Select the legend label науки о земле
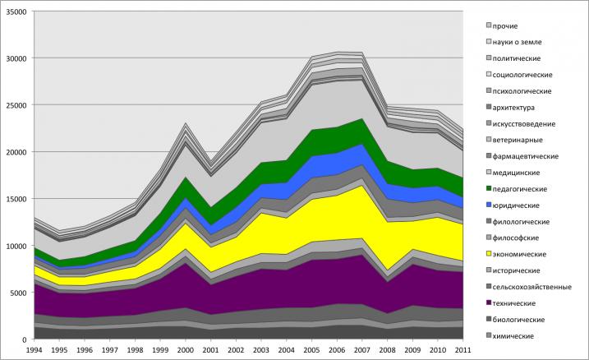pyautogui.click(x=519, y=43)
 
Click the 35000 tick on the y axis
pyautogui.click(x=16, y=12)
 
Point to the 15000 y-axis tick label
pyautogui.click(x=16, y=199)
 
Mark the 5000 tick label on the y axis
pyautogui.click(x=18, y=293)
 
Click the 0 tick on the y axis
pyautogui.click(x=25, y=339)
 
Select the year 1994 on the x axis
pyautogui.click(x=35, y=351)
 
